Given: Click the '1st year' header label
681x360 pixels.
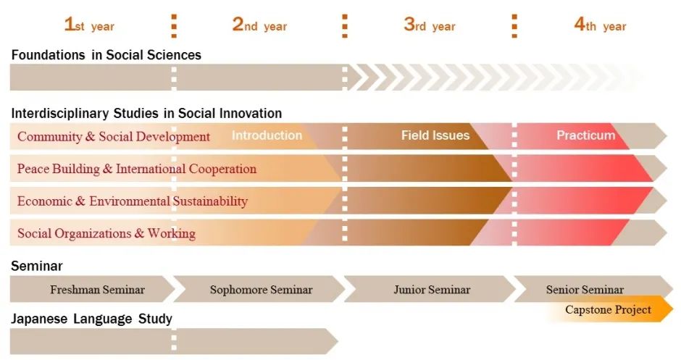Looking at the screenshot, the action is pos(89,25).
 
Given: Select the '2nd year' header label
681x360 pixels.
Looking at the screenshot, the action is pos(259,25).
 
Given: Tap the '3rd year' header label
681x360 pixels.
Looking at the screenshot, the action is pos(430,25).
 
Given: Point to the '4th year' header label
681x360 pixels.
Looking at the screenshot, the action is pos(600,25).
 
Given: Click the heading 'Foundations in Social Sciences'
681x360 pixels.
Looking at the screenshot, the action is pos(106,55).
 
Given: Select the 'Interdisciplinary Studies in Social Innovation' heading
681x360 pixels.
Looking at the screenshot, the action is pos(146,113).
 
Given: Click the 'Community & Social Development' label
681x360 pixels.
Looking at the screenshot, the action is pos(114,136).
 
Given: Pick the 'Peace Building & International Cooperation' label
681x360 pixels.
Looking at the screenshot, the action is pos(137,169).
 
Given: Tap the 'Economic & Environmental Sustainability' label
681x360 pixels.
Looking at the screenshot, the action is pos(133,201).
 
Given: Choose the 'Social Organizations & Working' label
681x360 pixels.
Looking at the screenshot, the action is pos(106,233).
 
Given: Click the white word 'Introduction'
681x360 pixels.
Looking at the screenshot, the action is pos(267,135).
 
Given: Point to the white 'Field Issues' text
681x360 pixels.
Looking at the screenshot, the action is pos(435,135).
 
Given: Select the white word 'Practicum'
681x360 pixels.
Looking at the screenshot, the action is pos(586,135).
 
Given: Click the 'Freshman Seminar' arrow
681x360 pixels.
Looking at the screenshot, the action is pos(92,289).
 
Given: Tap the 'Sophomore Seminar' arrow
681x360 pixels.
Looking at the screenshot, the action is pos(259,289).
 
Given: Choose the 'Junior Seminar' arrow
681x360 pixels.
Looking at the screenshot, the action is pos(430,289).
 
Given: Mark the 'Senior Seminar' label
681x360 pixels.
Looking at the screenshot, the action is pos(585,289).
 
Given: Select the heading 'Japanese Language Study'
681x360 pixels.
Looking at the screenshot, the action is pos(91,319).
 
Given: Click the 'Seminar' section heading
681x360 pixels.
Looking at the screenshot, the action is pos(37,266).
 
